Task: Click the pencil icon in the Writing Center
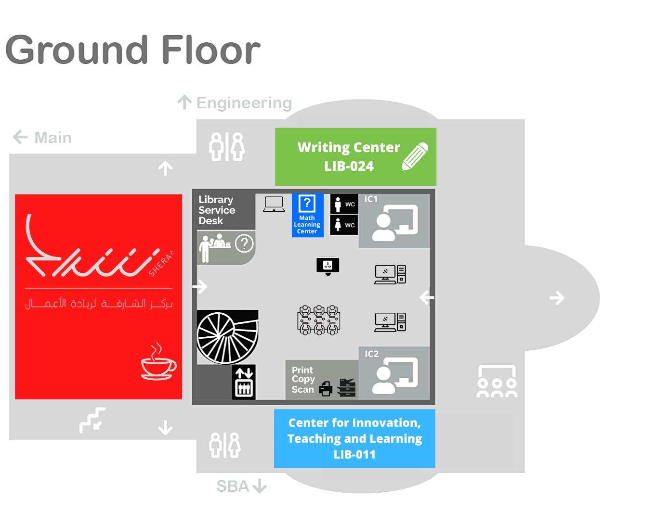point(415,156)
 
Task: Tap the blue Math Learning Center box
point(307,215)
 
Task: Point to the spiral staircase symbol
point(227,337)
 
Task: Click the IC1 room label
point(371,199)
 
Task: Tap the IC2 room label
point(371,354)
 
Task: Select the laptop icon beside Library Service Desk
point(274,204)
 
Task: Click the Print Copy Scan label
point(303,380)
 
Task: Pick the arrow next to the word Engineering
point(184,102)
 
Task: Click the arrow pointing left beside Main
point(20,137)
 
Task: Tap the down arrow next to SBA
point(260,486)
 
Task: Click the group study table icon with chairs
point(319,320)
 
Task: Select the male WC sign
point(344,204)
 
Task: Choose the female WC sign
point(344,225)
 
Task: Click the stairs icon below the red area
point(92,420)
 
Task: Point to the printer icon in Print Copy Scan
point(326,388)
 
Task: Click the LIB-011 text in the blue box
point(354,454)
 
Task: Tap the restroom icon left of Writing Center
point(227,147)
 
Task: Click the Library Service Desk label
point(217,210)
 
